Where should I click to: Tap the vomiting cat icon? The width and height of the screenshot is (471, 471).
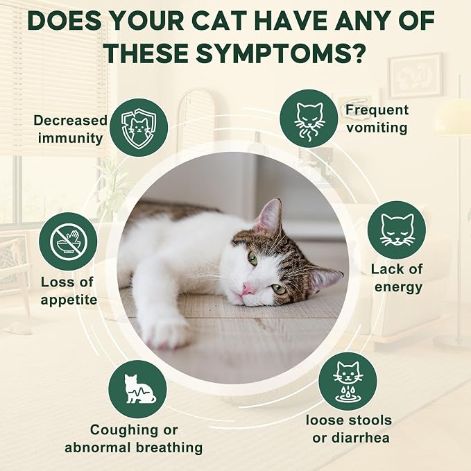pos(309,119)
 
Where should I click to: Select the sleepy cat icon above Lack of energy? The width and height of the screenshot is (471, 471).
pos(397,230)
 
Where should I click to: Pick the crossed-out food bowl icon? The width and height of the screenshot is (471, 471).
pos(68,241)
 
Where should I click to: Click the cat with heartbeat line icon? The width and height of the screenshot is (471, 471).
pos(137,389)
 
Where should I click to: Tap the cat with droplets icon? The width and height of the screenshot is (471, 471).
pos(348,382)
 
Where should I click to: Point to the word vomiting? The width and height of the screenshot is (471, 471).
pos(377,128)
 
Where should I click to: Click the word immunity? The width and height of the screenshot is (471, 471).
pos(70,139)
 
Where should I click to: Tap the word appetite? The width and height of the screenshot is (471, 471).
pos(69,300)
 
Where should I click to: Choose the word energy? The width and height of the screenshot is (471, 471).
pos(398,287)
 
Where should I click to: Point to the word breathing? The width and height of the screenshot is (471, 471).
pos(169,447)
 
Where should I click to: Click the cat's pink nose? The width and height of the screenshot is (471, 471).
pos(248,290)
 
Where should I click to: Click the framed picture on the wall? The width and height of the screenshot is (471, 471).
pos(416,76)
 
